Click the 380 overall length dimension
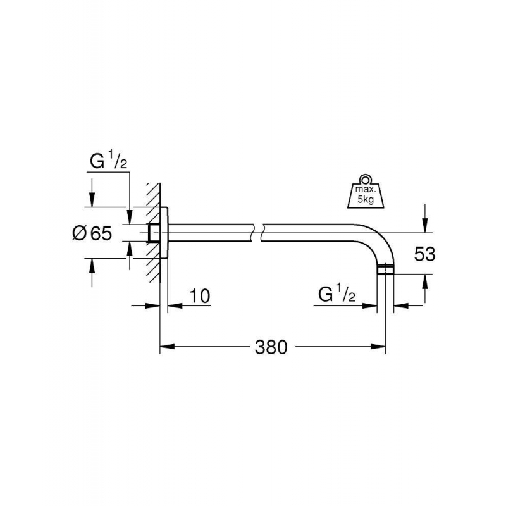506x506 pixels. [271, 347]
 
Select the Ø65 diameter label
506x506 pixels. [92, 233]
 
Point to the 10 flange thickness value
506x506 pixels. [198, 295]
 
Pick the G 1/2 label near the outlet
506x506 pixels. [338, 295]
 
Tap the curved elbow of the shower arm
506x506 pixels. [379, 239]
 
